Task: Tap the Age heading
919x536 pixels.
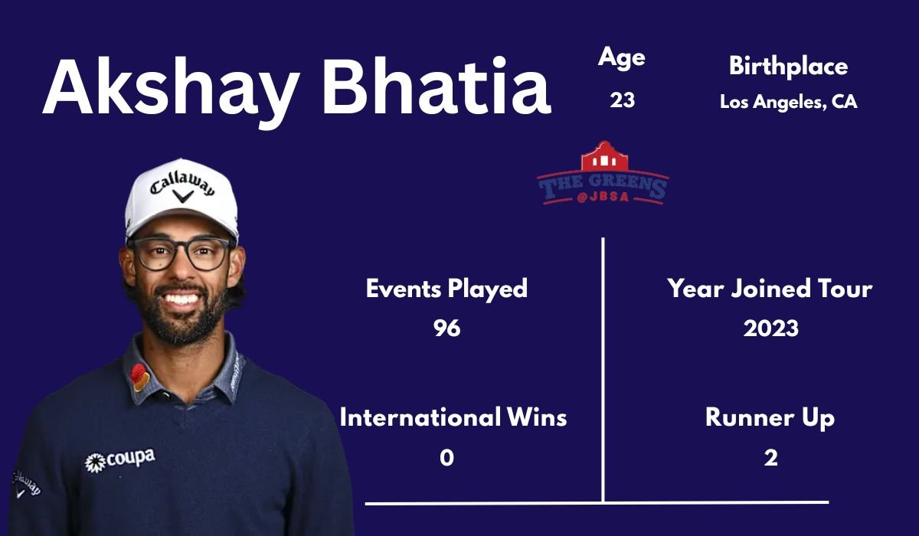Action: [621, 57]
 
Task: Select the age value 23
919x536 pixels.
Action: [622, 100]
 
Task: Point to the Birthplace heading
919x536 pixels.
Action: [788, 67]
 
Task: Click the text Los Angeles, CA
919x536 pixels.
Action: [788, 102]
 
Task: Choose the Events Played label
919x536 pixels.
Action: [446, 289]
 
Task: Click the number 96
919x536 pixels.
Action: [446, 328]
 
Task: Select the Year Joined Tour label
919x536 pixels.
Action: [770, 289]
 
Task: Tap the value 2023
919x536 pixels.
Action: [770, 328]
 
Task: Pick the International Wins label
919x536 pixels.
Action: [453, 418]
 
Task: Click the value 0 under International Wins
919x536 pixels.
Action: [446, 458]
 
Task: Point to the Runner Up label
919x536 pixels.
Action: [770, 418]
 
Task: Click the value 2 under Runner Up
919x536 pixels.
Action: [770, 458]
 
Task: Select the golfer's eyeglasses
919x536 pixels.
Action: [181, 253]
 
